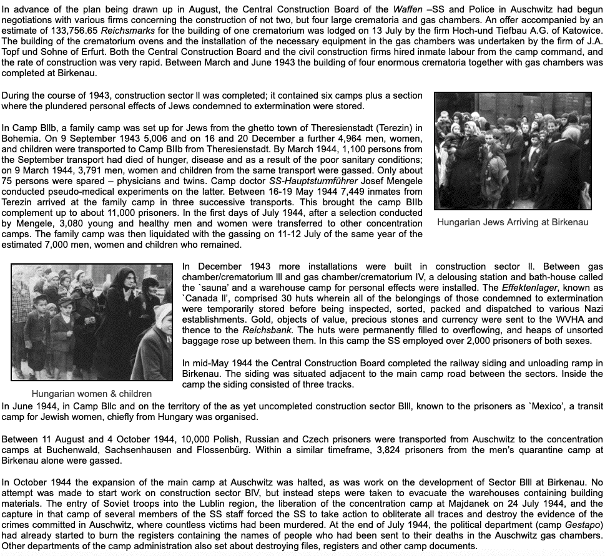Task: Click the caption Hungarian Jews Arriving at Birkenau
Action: (x=513, y=222)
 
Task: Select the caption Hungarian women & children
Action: (x=92, y=394)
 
